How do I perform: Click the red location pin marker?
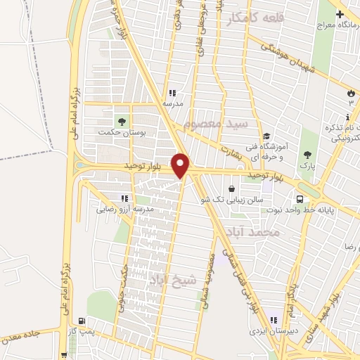pyautogui.click(x=181, y=165)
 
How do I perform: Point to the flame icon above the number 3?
pyautogui.click(x=351, y=93)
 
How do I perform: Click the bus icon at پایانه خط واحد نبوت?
pyautogui.click(x=300, y=198)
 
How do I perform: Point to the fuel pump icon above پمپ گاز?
pyautogui.click(x=88, y=320)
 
